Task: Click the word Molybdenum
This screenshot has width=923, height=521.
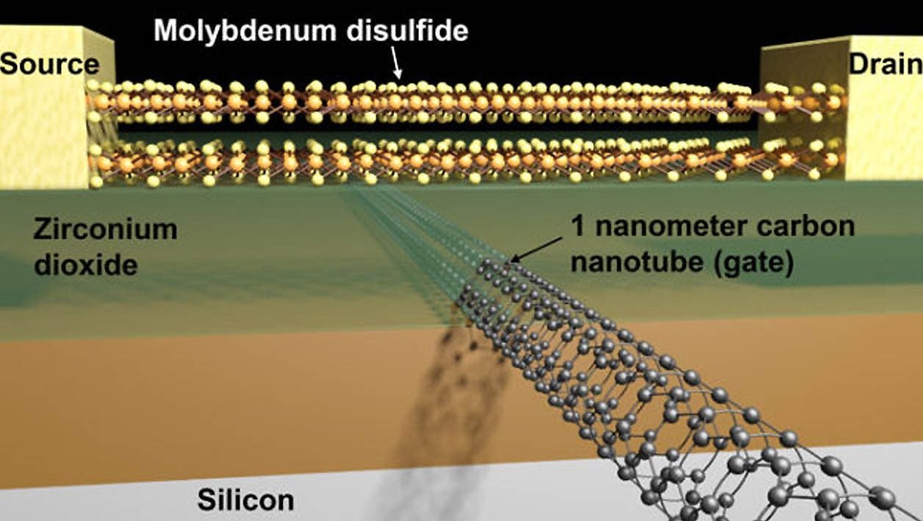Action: coord(245,31)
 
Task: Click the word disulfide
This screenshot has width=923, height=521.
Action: coord(407,30)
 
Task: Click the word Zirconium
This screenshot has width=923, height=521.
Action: coord(106,230)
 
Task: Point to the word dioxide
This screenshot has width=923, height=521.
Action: coord(86,264)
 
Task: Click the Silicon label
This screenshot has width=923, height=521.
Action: coord(246,500)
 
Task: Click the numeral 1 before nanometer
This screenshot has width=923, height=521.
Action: coord(578,226)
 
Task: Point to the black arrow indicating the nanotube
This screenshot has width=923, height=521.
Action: coord(535,250)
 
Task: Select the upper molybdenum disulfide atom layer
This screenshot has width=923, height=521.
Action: coord(466,102)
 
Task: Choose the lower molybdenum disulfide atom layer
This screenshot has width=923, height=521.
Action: coord(466,162)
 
